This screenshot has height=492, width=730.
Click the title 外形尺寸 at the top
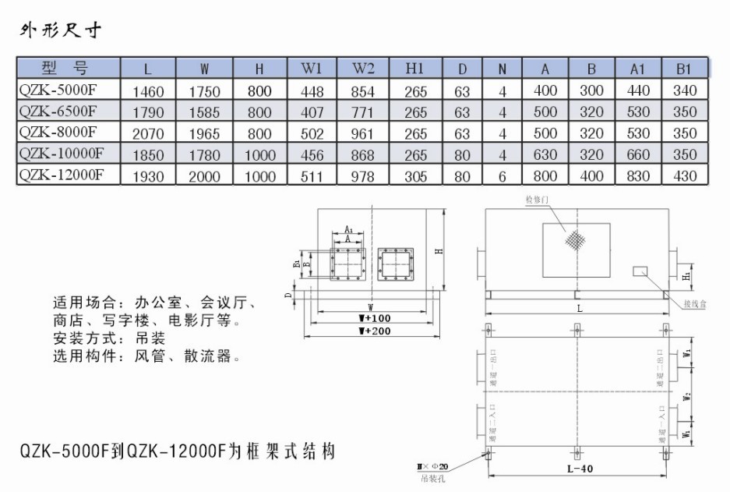61,31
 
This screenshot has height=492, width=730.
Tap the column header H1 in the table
415,68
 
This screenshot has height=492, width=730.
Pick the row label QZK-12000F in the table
60,174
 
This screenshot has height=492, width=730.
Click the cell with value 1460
149,91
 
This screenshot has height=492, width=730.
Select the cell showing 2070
149,134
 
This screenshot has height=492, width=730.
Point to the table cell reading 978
363,176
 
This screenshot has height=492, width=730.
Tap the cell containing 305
415,176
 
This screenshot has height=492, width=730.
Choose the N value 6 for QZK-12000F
503,176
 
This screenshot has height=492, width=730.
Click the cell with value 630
545,155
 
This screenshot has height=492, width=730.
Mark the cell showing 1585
204,112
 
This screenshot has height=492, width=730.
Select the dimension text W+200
374,331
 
